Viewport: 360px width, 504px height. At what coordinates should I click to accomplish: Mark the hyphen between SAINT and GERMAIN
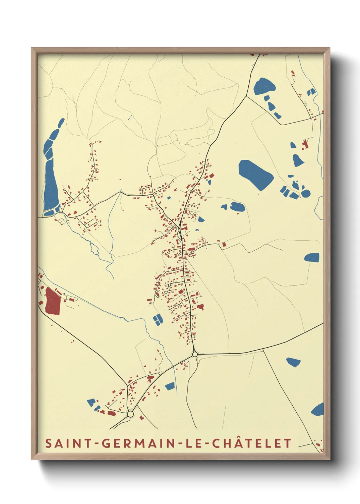(97, 443)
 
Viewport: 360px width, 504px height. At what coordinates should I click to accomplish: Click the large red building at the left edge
(53, 301)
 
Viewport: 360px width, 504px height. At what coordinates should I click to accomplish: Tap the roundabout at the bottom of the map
(130, 414)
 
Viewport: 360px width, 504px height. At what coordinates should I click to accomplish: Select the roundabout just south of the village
(195, 355)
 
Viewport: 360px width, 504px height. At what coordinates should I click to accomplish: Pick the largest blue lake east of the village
(256, 174)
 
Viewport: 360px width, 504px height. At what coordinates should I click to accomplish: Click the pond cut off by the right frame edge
(318, 410)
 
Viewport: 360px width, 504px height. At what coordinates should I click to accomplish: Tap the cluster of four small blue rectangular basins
(158, 320)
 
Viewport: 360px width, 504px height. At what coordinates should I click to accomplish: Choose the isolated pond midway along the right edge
(312, 257)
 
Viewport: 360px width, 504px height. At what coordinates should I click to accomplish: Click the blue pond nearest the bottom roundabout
(91, 403)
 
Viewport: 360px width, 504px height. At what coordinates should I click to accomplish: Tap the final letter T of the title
(288, 443)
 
